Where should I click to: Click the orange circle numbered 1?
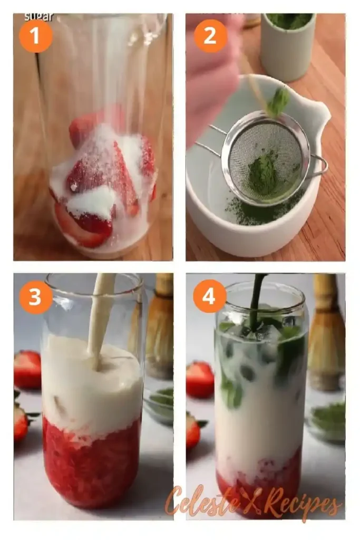click(x=35, y=36)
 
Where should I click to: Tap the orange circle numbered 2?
click(x=210, y=36)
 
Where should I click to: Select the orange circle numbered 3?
click(x=35, y=297)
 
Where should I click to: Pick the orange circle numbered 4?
click(x=210, y=296)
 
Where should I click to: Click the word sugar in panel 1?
click(x=39, y=16)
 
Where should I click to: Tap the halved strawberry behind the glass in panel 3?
click(x=27, y=369)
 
